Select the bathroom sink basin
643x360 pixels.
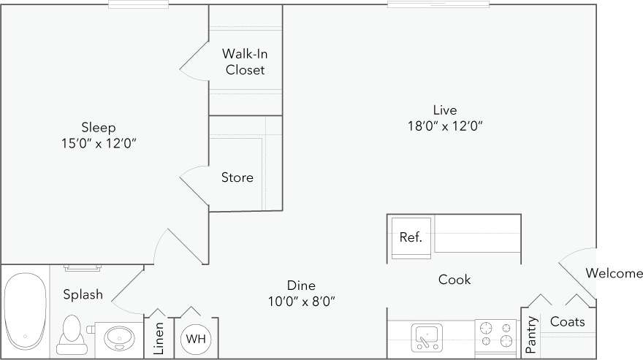tap(118, 338)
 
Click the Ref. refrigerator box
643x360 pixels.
tap(411, 237)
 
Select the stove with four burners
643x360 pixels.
tap(496, 337)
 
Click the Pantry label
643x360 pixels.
tap(532, 332)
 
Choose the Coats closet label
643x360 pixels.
tap(568, 321)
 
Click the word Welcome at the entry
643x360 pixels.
tap(614, 274)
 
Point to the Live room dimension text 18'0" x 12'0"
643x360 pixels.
tap(444, 126)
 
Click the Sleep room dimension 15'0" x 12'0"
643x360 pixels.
tap(99, 143)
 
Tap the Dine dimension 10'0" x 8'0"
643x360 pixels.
tap(301, 300)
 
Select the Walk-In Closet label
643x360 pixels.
tap(244, 62)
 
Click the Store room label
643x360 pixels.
tap(237, 177)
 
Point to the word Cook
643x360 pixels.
tap(454, 280)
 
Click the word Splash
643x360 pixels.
tap(83, 295)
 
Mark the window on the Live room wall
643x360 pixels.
tap(438, 4)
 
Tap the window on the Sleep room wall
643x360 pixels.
tap(138, 4)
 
